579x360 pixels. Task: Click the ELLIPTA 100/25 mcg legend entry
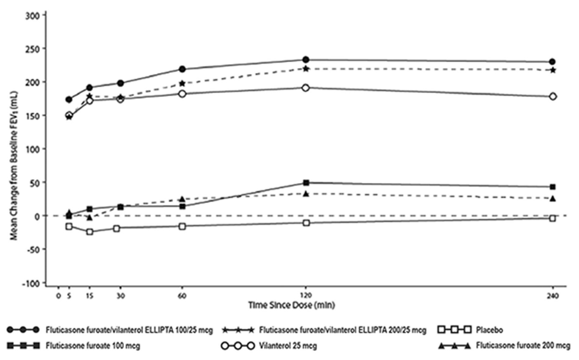(129, 330)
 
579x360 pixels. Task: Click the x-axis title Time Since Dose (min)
(292, 305)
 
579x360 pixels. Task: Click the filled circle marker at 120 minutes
(306, 60)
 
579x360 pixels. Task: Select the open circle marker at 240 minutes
(553, 96)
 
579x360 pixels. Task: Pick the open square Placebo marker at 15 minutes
(90, 231)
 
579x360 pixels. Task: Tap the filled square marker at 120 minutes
(306, 183)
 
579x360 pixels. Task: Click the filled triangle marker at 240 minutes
(553, 198)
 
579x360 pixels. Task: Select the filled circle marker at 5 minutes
(69, 99)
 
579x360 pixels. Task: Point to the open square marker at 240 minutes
(553, 218)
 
